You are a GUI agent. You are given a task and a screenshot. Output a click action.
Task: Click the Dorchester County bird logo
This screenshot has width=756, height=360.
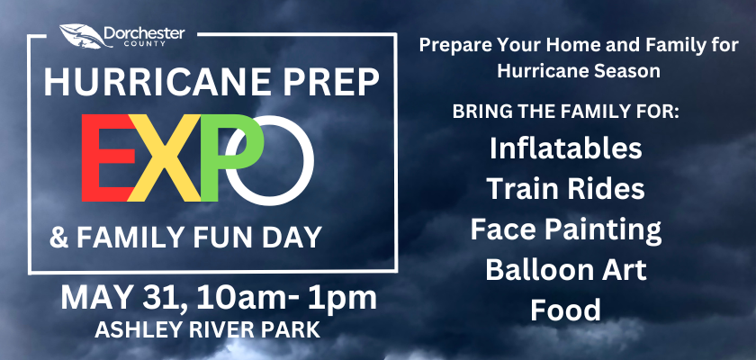[x=85, y=36]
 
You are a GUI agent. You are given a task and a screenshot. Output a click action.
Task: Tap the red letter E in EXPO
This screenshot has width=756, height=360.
[x=107, y=157]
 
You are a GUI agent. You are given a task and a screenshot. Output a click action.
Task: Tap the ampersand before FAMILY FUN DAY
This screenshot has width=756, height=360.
[x=58, y=238]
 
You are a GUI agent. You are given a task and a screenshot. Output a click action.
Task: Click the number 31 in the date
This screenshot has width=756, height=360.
[x=160, y=298]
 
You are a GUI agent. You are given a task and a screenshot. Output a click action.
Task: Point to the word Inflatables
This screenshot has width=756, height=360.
[x=566, y=148]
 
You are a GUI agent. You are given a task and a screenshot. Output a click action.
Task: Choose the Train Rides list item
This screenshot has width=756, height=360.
[x=565, y=188]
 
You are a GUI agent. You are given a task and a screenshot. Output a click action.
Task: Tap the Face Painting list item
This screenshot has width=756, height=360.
[x=565, y=230]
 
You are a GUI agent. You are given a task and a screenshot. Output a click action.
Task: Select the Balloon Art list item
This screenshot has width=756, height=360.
[x=565, y=270]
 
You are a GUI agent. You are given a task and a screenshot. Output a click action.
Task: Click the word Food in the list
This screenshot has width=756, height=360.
[x=566, y=310]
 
